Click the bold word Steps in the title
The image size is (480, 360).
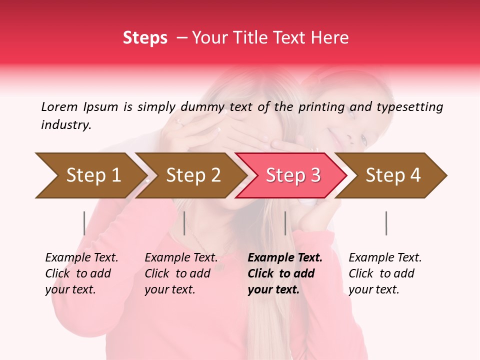145,38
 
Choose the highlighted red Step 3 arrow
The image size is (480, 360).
293,175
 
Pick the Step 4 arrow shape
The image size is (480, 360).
393,175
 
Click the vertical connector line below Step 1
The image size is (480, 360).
84,223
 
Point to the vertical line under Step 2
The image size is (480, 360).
184,223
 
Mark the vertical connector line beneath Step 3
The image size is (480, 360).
285,223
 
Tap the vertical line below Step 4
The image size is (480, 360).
386,223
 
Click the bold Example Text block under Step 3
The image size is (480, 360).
285,273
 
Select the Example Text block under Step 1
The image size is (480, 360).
81,273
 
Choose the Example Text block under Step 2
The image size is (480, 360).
181,273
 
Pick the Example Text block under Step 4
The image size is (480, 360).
385,273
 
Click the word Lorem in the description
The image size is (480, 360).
59,106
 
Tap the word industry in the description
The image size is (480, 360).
65,125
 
